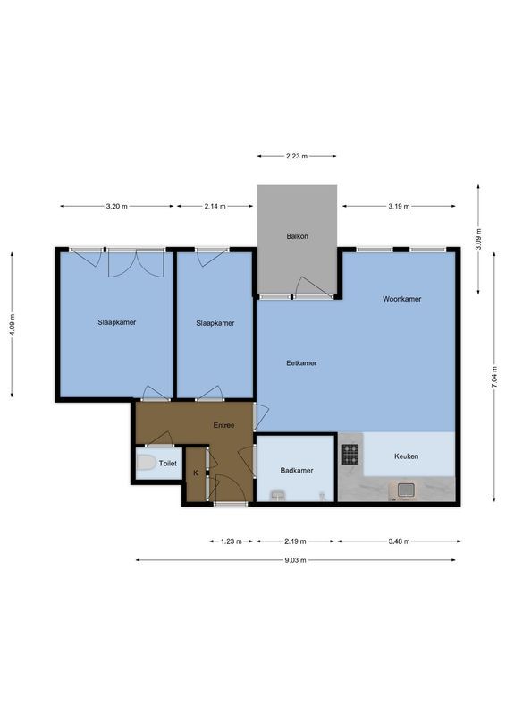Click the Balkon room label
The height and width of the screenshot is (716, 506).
tap(298, 236)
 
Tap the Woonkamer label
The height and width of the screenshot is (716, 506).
tap(401, 299)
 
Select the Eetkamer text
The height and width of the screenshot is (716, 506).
tap(301, 363)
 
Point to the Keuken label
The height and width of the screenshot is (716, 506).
tap(407, 456)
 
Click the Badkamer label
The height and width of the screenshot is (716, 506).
tap(295, 470)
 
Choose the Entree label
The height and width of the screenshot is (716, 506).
tap(223, 426)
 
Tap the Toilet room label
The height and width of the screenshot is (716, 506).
tap(168, 464)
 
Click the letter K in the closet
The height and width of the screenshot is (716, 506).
tap(196, 473)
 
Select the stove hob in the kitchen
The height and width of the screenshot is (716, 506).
tap(350, 455)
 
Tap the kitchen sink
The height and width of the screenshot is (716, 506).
tap(405, 490)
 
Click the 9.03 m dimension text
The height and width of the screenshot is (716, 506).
tap(295, 560)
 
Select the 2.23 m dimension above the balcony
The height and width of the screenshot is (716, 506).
tap(297, 156)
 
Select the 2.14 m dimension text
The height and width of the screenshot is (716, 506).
tap(215, 206)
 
